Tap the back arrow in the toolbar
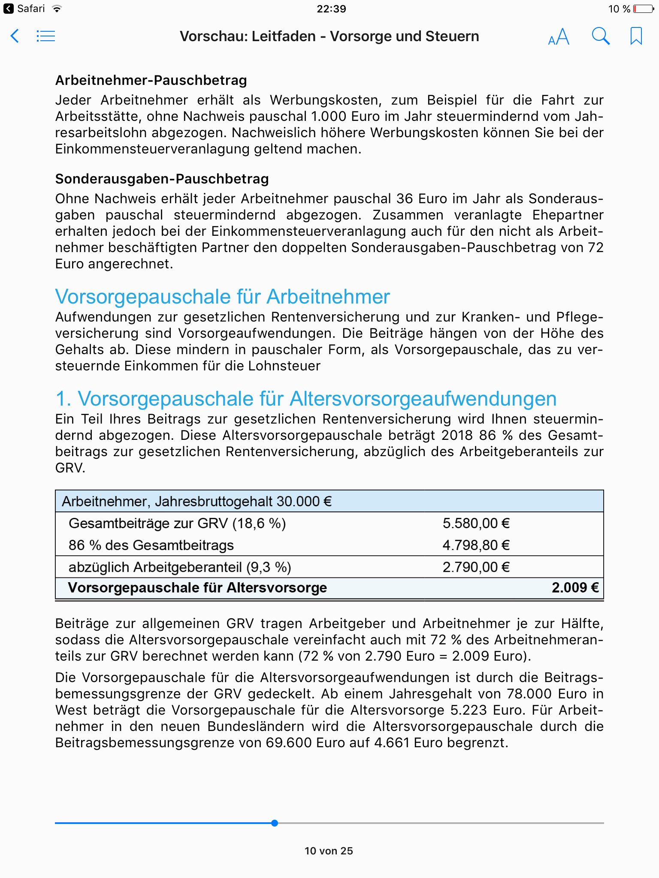[x=15, y=36]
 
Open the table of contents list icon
[x=45, y=36]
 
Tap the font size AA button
[x=559, y=37]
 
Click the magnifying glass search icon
[x=601, y=36]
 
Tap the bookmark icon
[x=636, y=36]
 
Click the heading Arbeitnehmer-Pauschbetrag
[x=151, y=80]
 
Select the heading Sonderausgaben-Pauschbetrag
[x=162, y=179]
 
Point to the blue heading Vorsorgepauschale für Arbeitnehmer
[x=222, y=297]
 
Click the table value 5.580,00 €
[x=476, y=523]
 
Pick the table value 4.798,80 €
[x=476, y=545]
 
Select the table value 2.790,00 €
[x=476, y=567]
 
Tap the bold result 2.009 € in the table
[x=575, y=587]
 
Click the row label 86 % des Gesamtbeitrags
[x=151, y=545]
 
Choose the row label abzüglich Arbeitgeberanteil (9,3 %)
[x=180, y=567]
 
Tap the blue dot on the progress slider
[x=275, y=823]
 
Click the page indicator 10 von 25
[x=329, y=851]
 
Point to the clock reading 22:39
[x=331, y=9]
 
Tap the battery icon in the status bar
[x=643, y=9]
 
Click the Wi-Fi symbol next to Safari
[x=56, y=9]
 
